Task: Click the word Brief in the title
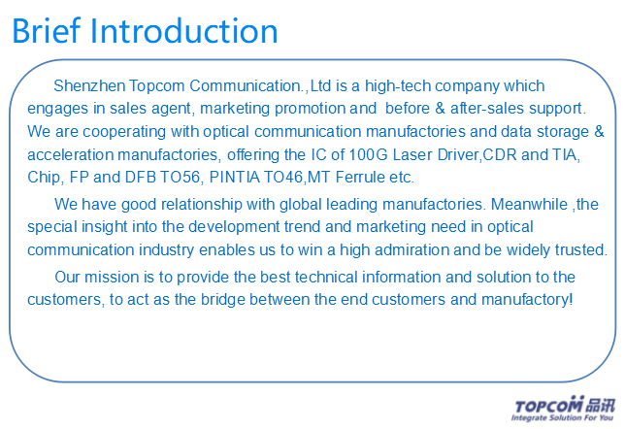click(47, 31)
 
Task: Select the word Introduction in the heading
click(184, 31)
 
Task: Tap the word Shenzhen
click(89, 85)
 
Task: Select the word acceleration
click(70, 154)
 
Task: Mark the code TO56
click(180, 177)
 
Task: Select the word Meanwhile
click(529, 204)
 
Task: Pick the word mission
click(112, 277)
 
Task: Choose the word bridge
click(223, 300)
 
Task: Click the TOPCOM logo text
click(548, 406)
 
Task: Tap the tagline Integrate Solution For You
click(562, 417)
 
